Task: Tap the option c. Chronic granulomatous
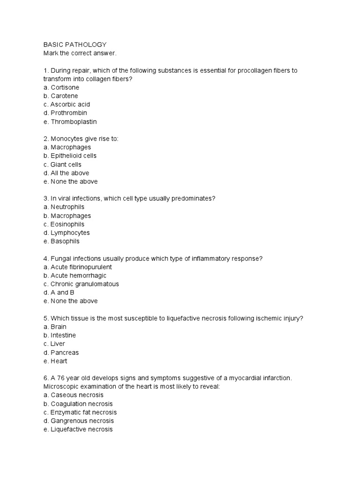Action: (81, 284)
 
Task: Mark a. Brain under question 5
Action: (55, 327)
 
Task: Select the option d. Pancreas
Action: (61, 352)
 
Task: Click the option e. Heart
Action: (55, 361)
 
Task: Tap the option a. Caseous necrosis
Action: (74, 395)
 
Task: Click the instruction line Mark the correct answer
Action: (80, 53)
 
